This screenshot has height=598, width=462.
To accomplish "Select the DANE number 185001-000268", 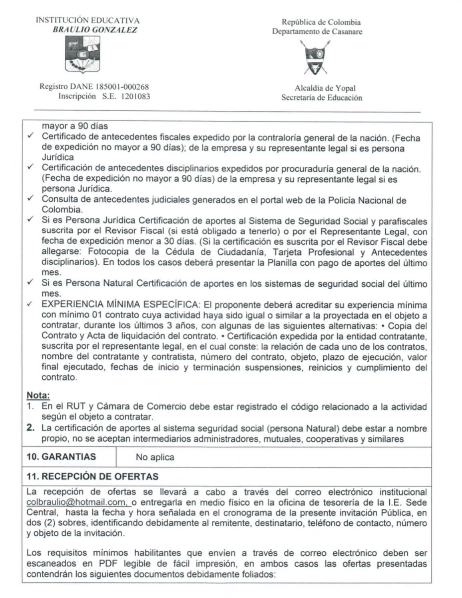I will pyautogui.click(x=119, y=87).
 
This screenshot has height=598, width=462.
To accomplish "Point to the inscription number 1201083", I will pyautogui.click(x=135, y=96).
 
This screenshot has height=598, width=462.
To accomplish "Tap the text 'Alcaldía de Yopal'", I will pyautogui.click(x=325, y=88).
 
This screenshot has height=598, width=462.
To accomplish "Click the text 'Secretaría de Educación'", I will pyautogui.click(x=322, y=98).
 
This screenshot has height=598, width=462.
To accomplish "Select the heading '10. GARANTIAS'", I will pyautogui.click(x=61, y=457).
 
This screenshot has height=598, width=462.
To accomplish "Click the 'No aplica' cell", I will pyautogui.click(x=155, y=457).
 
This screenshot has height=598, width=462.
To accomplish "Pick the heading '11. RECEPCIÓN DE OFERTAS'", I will pyautogui.click(x=92, y=476).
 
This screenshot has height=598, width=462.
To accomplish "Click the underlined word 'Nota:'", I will pyautogui.click(x=38, y=396).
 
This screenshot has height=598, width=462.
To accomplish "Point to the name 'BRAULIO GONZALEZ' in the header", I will pyautogui.click(x=95, y=30).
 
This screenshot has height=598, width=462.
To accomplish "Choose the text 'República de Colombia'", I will pyautogui.click(x=321, y=22).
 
